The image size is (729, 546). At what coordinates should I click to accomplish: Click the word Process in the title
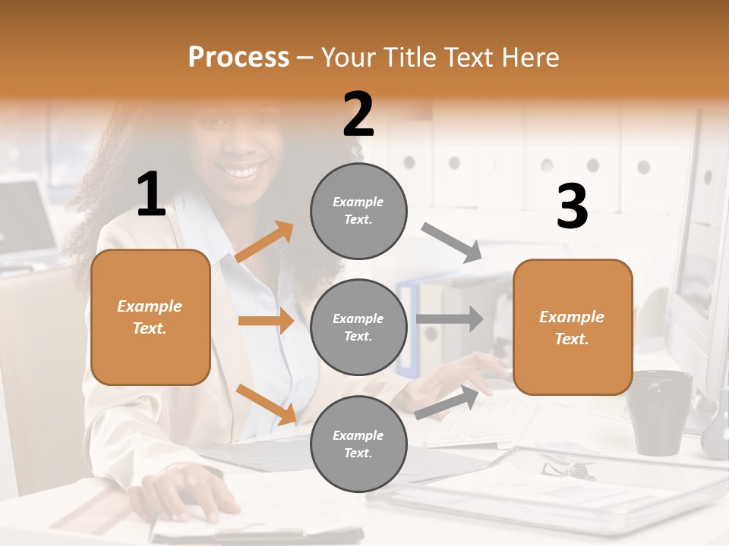238,58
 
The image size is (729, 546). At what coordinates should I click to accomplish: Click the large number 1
151,194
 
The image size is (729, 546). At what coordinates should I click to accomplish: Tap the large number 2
358,115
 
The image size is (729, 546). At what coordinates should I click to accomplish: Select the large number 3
572,206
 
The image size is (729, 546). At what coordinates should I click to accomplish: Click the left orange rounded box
150,317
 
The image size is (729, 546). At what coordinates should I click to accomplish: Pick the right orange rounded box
573,327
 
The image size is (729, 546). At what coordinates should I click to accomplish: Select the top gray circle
358,210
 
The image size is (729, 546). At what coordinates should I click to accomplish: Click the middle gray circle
358,327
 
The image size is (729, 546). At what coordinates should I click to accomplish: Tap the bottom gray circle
358,444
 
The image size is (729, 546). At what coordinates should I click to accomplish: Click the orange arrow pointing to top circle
264,243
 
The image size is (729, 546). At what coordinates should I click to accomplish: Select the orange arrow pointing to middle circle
266,322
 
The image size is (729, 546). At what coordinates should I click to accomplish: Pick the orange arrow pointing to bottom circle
266,403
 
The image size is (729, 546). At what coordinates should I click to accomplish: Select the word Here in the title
529,58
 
